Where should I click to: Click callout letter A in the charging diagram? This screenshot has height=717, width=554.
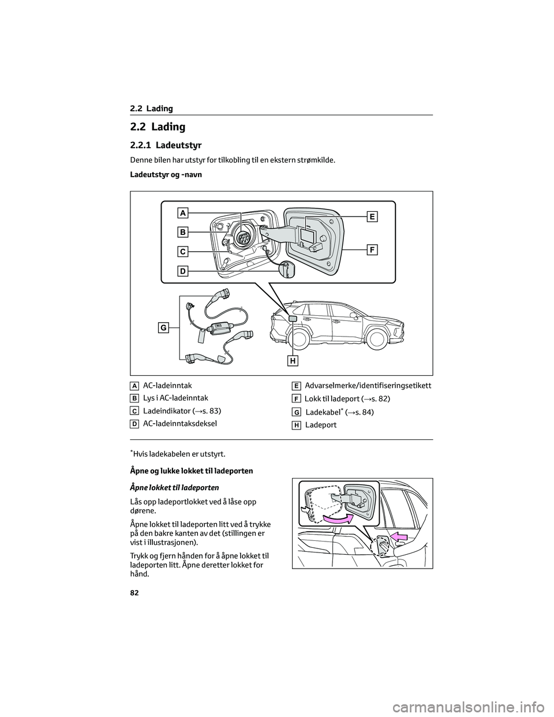[182, 213]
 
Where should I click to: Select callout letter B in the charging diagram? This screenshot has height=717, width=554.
[182, 232]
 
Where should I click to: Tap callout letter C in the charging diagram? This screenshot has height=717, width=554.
[182, 252]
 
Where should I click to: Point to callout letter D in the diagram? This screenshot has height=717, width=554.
[182, 270]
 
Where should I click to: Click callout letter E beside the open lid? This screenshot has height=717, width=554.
[372, 216]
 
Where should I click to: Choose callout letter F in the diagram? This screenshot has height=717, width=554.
[372, 250]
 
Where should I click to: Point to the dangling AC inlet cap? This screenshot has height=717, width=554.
[286, 270]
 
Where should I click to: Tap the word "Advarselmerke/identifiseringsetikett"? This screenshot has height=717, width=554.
[368, 385]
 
